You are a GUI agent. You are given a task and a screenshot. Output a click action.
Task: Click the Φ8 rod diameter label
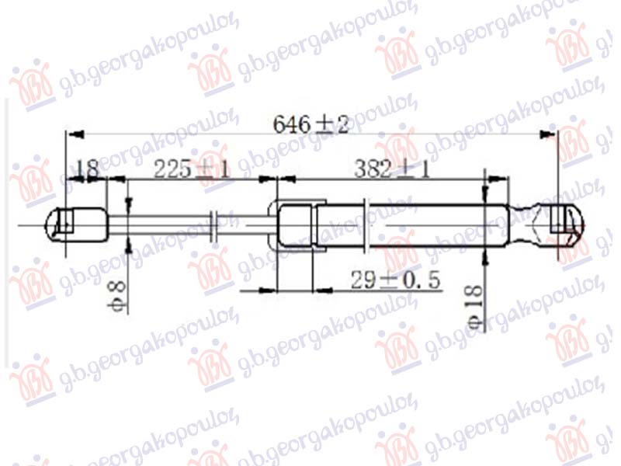tap(117, 294)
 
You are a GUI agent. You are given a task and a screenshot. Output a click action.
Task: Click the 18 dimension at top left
tap(88, 169)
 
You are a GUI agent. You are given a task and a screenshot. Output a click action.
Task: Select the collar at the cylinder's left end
tap(295, 225)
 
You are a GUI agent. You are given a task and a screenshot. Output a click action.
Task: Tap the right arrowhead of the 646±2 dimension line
tap(550, 136)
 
